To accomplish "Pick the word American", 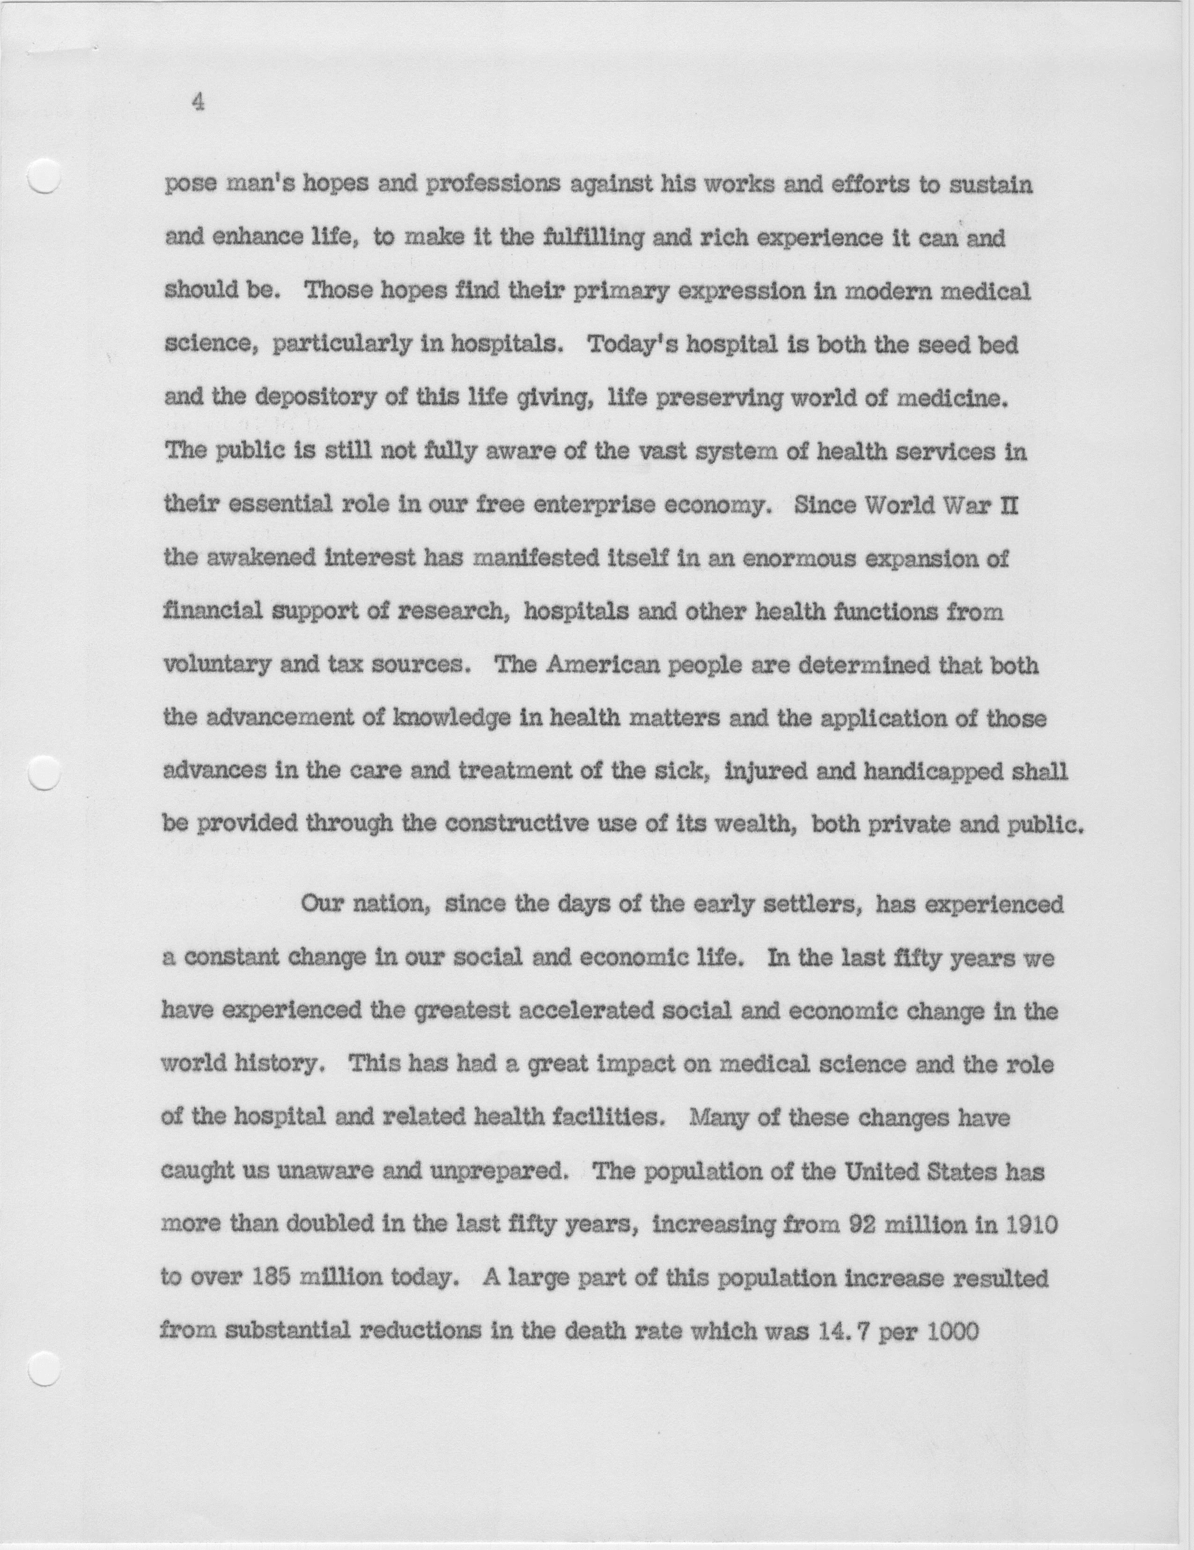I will tap(604, 665).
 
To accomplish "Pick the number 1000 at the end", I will tap(953, 1331).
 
